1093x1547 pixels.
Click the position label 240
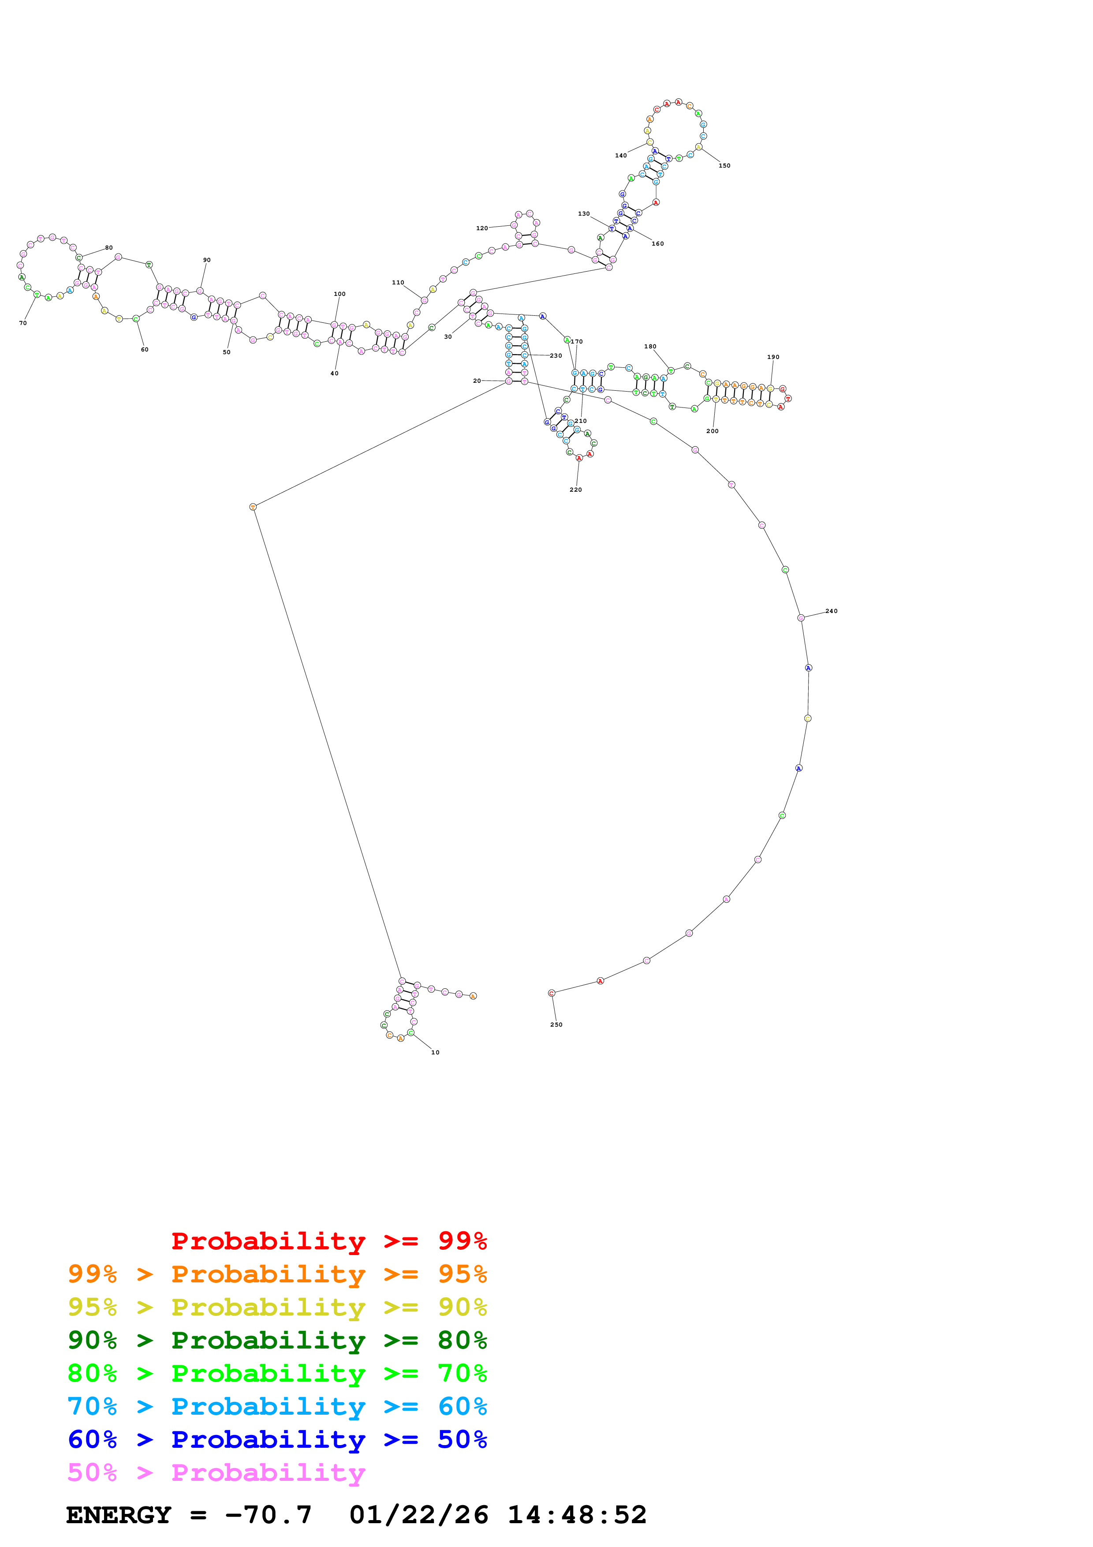(832, 611)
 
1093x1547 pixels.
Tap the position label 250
(556, 1025)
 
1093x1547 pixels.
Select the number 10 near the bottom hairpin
(435, 1053)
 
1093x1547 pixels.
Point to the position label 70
(23, 323)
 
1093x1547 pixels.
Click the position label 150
(724, 166)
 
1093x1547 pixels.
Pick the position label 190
(773, 357)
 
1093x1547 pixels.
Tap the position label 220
(576, 490)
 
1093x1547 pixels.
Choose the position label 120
(482, 228)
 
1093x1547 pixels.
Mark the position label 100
(339, 294)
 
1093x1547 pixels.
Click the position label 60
(144, 350)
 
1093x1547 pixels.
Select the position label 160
(657, 244)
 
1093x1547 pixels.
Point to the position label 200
(713, 431)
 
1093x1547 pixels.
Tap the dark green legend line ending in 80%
(277, 1340)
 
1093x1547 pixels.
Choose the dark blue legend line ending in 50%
(277, 1440)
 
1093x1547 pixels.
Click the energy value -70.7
(268, 1515)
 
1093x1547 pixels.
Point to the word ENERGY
(119, 1515)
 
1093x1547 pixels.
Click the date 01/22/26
(419, 1515)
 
